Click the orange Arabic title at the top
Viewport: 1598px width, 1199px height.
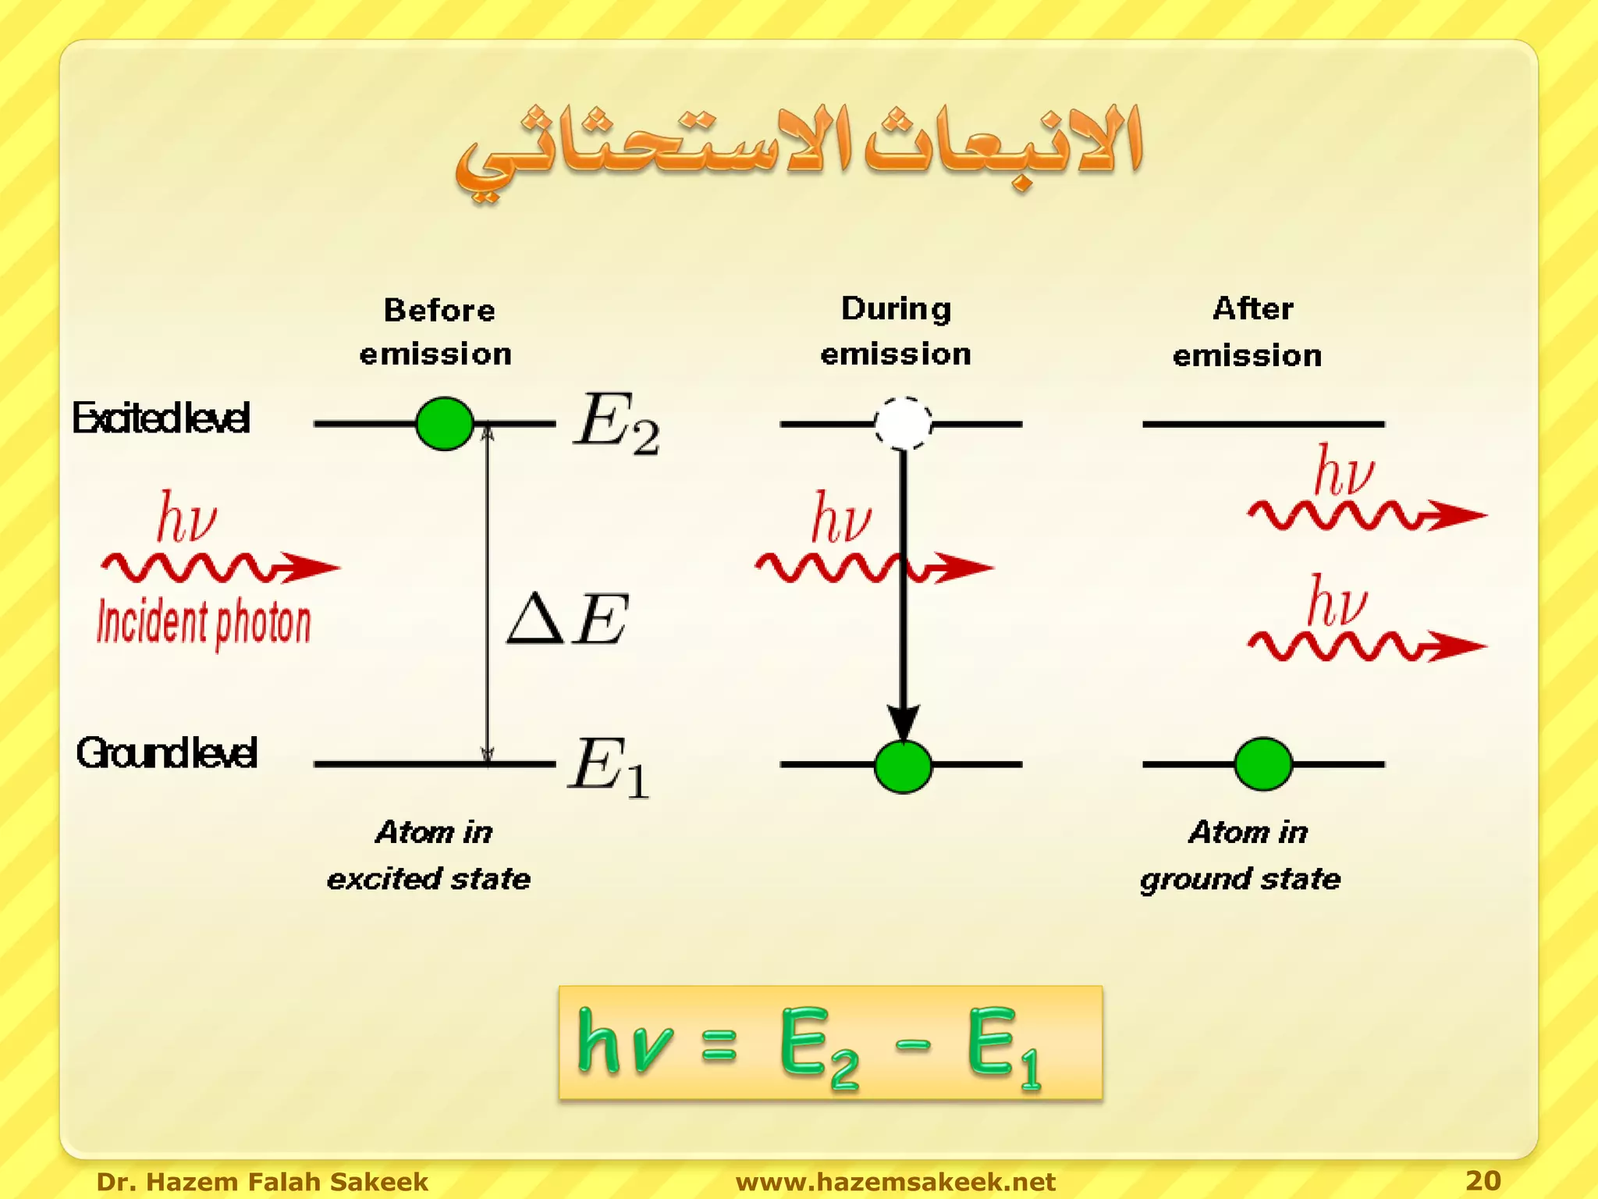(799, 148)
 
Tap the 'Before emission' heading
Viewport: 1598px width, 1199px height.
(437, 332)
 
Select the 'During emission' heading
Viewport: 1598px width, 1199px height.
(896, 331)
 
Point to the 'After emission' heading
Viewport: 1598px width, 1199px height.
(1248, 332)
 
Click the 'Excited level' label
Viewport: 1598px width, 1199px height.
(162, 418)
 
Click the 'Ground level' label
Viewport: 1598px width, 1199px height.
(166, 753)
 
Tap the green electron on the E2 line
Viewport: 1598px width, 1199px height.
(445, 423)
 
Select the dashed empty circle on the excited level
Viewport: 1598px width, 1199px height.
(903, 423)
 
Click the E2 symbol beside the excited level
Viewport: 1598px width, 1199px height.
(616, 423)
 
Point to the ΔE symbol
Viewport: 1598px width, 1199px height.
(567, 619)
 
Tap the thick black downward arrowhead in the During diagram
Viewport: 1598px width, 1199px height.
(903, 722)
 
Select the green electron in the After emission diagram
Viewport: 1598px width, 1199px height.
(1263, 763)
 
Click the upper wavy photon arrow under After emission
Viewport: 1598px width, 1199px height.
(1365, 515)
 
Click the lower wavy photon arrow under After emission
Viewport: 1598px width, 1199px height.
(1365, 646)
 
